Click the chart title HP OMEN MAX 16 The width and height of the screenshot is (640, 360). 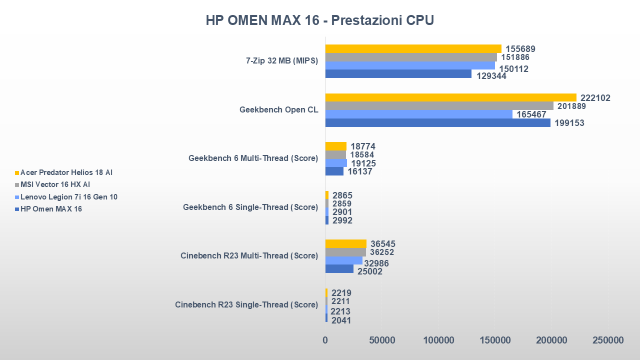pos(320,20)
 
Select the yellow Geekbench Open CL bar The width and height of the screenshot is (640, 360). pos(450,97)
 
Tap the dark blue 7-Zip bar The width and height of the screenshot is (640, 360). pos(398,74)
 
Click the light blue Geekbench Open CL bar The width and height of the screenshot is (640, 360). pos(418,114)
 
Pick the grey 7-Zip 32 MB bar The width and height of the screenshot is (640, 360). pos(411,57)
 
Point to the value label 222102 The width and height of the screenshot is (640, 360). pos(595,98)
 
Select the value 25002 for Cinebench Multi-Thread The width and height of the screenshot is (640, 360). pos(369,271)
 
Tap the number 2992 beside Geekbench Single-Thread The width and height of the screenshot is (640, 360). pos(342,220)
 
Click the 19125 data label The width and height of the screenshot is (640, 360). pos(363,163)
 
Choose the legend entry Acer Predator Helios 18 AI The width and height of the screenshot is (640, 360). pos(66,172)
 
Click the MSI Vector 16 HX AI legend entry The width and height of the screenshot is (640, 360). pos(55,184)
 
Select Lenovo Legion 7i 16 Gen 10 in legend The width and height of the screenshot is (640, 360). pos(69,196)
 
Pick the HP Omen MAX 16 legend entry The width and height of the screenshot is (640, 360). pos(51,209)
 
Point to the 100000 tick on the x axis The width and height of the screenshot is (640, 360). pos(438,340)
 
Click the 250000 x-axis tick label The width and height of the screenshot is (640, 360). pos(608,340)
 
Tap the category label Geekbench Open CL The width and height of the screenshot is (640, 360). pos(278,110)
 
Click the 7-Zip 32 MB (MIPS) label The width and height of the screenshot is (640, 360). pos(282,61)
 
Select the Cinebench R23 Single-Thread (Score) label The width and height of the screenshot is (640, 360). pos(246,304)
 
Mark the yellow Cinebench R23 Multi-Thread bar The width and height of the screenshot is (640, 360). pos(345,243)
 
